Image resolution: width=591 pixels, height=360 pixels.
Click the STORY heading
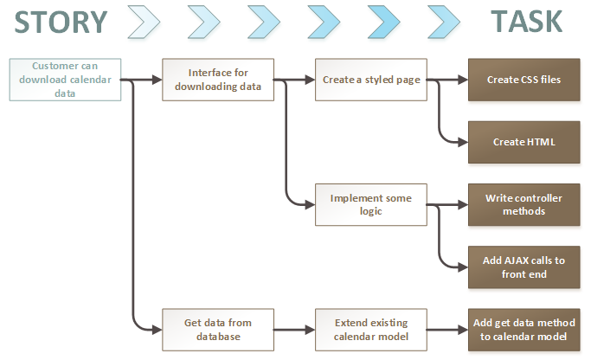(x=61, y=22)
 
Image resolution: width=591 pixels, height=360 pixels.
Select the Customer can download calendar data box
(x=65, y=80)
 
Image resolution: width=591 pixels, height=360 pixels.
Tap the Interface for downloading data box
(x=218, y=80)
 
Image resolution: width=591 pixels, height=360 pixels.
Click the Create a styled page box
(x=371, y=80)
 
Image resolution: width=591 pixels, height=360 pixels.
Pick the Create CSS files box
(x=524, y=80)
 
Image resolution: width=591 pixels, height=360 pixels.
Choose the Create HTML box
(x=524, y=142)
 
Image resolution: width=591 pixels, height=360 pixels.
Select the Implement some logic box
(x=371, y=205)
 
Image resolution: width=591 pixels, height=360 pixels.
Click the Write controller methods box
(x=524, y=205)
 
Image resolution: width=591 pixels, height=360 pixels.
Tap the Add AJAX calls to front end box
(x=524, y=267)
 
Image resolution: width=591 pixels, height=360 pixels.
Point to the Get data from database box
(x=218, y=330)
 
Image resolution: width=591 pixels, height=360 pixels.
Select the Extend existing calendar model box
(x=371, y=330)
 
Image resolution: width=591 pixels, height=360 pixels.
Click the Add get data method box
(x=524, y=330)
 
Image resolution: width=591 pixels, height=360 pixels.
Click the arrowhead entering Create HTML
(x=463, y=142)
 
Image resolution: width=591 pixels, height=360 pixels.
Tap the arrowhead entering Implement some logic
(x=310, y=205)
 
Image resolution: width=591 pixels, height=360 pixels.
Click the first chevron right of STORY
(x=145, y=22)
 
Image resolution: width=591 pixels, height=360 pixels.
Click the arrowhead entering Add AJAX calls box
(x=463, y=267)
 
